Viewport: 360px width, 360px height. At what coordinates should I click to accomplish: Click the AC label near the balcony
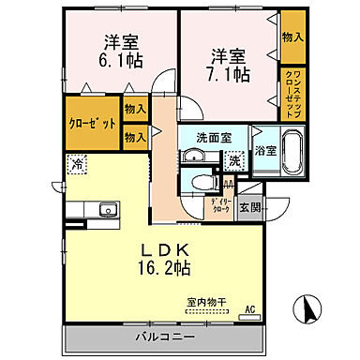pyautogui.click(x=249, y=308)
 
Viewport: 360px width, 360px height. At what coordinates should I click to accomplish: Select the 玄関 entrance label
pyautogui.click(x=248, y=207)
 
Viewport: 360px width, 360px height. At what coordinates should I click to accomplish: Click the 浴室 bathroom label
pyautogui.click(x=264, y=150)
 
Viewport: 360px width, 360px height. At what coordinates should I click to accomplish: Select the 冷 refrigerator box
pyautogui.click(x=75, y=168)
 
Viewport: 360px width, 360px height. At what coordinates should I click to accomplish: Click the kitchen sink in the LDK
pyautogui.click(x=106, y=208)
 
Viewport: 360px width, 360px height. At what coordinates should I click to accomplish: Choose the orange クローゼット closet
pyautogui.click(x=93, y=123)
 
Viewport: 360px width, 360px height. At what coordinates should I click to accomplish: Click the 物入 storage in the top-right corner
pyautogui.click(x=292, y=37)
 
